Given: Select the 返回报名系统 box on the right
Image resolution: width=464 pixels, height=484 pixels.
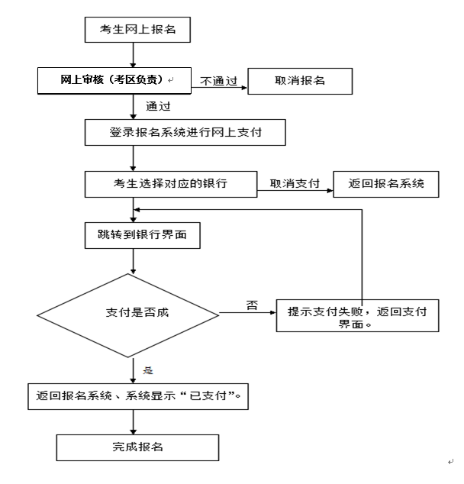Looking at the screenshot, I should click(386, 183).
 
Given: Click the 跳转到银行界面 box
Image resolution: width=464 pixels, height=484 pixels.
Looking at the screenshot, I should click(143, 237).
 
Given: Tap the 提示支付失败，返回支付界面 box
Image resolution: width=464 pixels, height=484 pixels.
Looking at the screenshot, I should click(357, 314).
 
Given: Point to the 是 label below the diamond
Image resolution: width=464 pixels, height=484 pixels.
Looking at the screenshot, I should click(148, 369).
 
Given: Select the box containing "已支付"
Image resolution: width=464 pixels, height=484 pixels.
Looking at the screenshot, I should click(139, 396).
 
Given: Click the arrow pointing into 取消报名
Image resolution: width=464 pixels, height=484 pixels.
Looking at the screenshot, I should click(221, 89).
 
